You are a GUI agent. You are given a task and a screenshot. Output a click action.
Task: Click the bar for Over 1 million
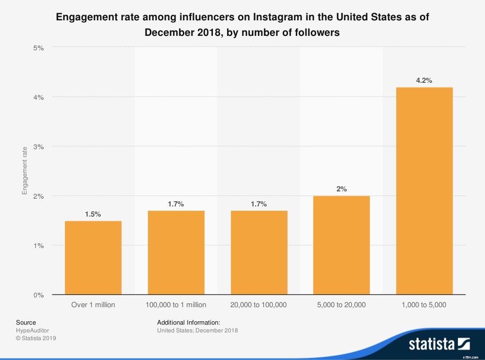(93, 258)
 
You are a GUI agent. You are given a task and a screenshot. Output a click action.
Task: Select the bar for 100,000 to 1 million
(176, 253)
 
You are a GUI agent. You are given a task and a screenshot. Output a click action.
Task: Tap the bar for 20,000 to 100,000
(259, 253)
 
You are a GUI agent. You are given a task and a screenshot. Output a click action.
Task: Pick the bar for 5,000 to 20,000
(341, 245)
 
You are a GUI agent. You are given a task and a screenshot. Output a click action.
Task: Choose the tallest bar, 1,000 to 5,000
(424, 191)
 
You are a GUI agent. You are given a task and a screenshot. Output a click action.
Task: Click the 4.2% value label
(424, 80)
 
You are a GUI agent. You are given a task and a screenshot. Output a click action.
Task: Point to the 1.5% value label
(93, 214)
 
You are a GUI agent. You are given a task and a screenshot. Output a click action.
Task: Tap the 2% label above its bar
(341, 189)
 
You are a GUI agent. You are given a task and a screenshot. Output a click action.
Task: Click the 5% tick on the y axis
(38, 47)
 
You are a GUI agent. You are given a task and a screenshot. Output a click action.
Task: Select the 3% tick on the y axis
(38, 146)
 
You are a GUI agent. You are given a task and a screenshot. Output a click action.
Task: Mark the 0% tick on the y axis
(38, 295)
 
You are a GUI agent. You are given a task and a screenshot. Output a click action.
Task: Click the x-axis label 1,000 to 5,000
(424, 305)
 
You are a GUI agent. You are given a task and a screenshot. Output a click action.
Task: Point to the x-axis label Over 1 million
(93, 305)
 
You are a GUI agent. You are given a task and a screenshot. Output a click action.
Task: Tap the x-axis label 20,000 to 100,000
(259, 305)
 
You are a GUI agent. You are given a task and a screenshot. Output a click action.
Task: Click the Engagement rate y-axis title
(25, 171)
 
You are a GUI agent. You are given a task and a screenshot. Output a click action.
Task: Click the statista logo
(439, 344)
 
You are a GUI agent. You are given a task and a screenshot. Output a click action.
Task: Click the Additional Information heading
(189, 322)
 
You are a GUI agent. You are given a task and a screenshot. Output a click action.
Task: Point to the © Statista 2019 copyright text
(36, 338)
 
